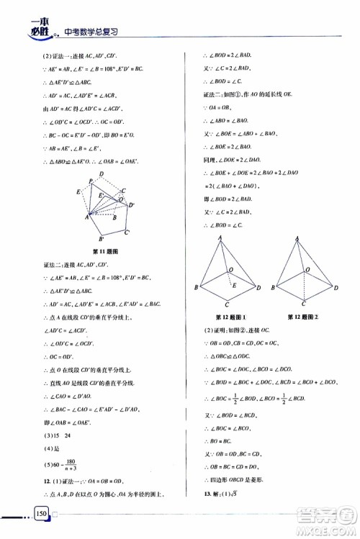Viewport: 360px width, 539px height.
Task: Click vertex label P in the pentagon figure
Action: [90, 181]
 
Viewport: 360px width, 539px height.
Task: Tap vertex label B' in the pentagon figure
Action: [102, 237]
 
